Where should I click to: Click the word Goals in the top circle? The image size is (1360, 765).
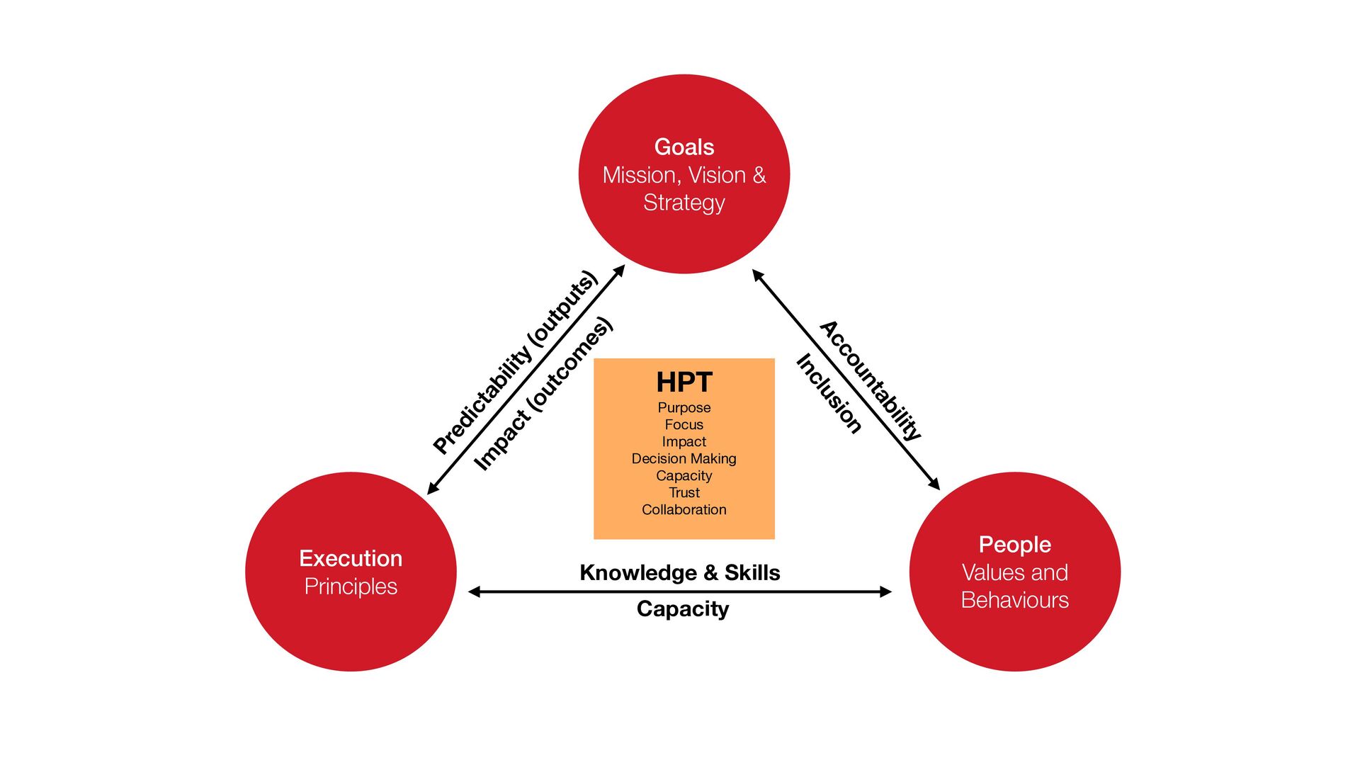[x=684, y=147]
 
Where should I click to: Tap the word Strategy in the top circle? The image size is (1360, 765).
[x=684, y=203]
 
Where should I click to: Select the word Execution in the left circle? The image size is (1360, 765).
[x=351, y=558]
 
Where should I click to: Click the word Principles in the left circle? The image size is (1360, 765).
[x=351, y=586]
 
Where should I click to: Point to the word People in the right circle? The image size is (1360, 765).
[x=1014, y=545]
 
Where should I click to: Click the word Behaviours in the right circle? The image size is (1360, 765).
[x=1014, y=600]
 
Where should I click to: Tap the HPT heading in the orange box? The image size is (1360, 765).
[x=684, y=382]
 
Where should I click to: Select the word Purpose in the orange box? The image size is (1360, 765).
[x=684, y=408]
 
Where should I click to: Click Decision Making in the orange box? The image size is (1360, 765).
[x=684, y=459]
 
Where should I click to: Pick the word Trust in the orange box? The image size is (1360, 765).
[x=684, y=492]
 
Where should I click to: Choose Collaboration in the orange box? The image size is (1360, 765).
[x=684, y=509]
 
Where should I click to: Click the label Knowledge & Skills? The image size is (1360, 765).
[x=679, y=572]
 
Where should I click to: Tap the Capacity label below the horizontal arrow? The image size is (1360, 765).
[x=682, y=609]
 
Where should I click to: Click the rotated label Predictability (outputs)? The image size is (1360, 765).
[x=516, y=362]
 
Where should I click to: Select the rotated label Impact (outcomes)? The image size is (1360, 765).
[x=543, y=394]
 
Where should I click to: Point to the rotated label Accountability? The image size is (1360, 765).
[x=871, y=380]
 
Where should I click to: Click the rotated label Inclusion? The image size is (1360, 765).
[x=829, y=394]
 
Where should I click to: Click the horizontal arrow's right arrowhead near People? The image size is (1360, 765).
[x=885, y=591]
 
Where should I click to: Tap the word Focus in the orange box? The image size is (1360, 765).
[x=684, y=425]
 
